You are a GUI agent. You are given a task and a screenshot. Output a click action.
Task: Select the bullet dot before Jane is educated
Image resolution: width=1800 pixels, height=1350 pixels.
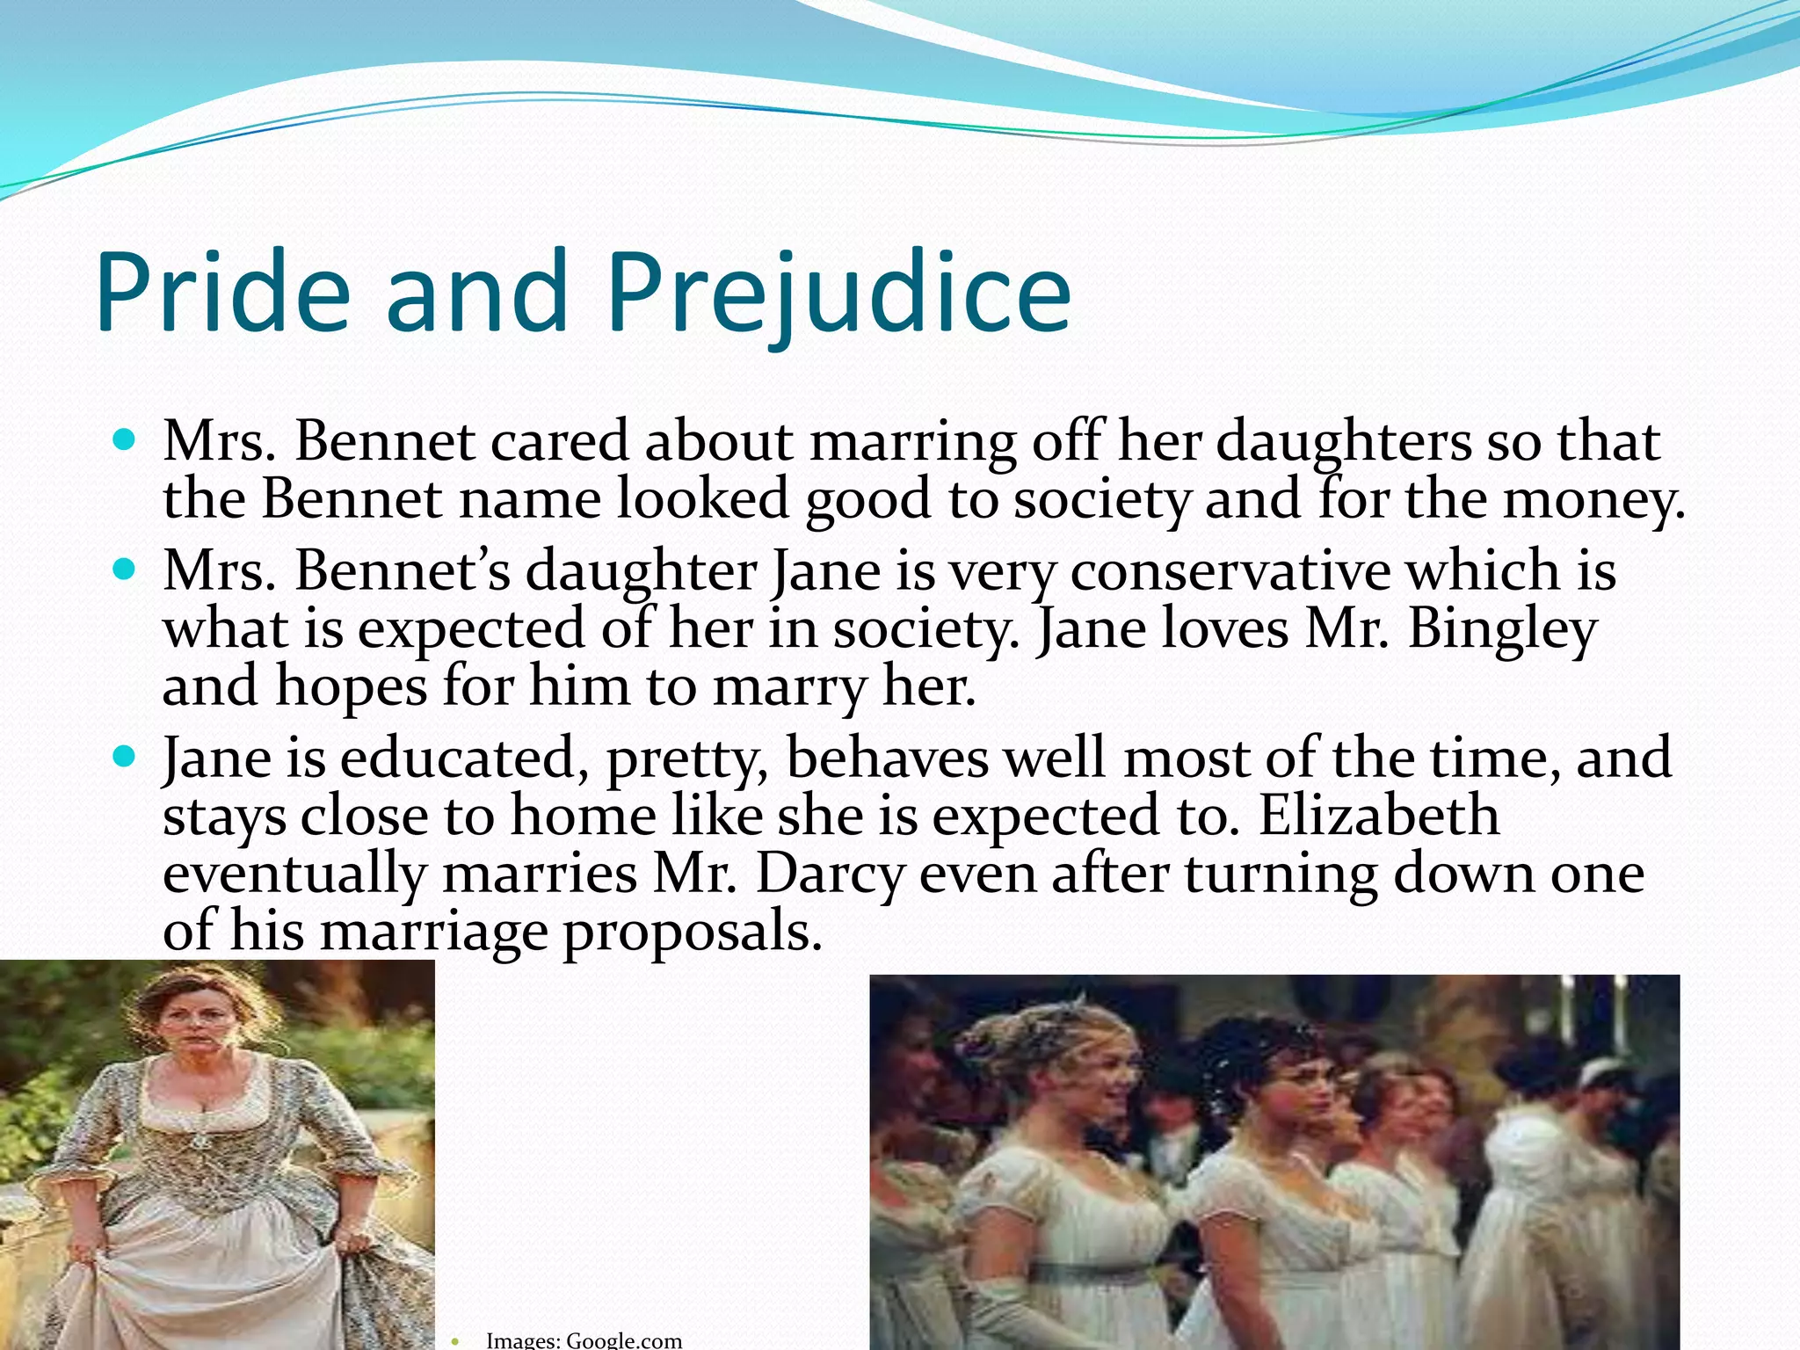pos(125,755)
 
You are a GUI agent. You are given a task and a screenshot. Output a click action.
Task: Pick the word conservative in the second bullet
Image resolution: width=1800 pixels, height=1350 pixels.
pos(1230,570)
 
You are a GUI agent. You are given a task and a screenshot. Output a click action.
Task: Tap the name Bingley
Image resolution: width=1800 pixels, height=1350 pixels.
pos(1502,629)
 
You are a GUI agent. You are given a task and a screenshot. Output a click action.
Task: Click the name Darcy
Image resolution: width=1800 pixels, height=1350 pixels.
pos(830,874)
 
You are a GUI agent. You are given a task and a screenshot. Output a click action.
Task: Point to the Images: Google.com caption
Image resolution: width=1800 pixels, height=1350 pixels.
pos(584,1339)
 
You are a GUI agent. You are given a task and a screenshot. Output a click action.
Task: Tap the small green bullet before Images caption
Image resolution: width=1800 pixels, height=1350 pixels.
pos(454,1341)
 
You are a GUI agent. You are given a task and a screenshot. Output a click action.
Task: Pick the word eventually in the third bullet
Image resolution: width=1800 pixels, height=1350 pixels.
pos(294,874)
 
